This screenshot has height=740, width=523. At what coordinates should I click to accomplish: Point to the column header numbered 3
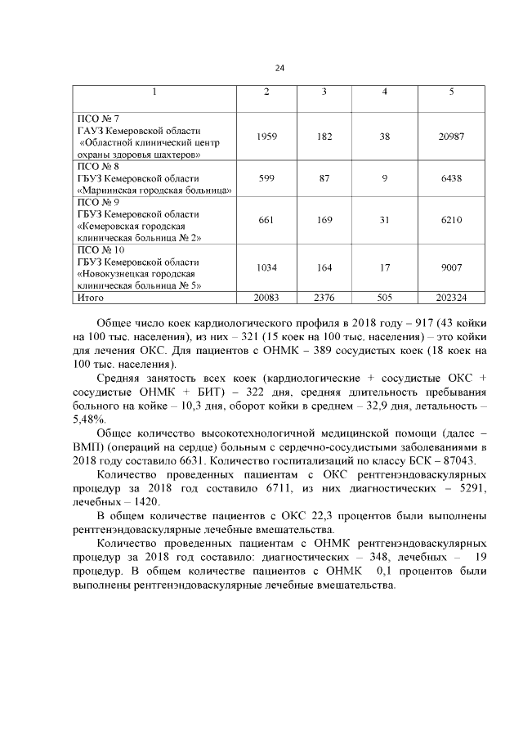coord(324,90)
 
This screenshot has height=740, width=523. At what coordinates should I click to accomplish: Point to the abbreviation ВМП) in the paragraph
coord(86,446)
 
